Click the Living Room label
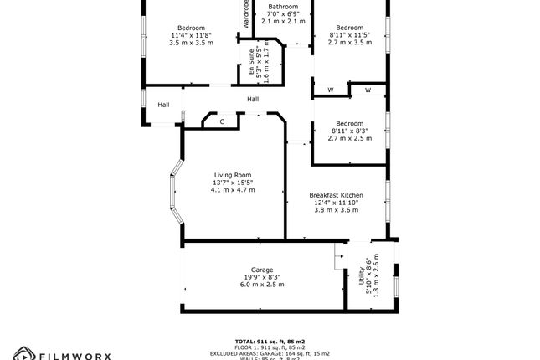click(x=233, y=174)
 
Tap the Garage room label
click(x=262, y=269)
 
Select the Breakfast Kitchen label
click(x=336, y=193)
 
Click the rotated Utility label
click(x=362, y=275)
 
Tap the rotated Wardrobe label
click(x=246, y=13)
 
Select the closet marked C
click(x=222, y=121)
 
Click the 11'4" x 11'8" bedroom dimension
click(x=192, y=34)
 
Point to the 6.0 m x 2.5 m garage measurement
click(x=262, y=285)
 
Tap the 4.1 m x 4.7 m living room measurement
click(x=233, y=190)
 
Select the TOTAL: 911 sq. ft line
click(x=270, y=342)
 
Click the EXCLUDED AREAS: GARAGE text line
click(x=270, y=352)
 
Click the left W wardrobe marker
click(x=330, y=90)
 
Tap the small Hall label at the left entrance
click(x=164, y=105)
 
